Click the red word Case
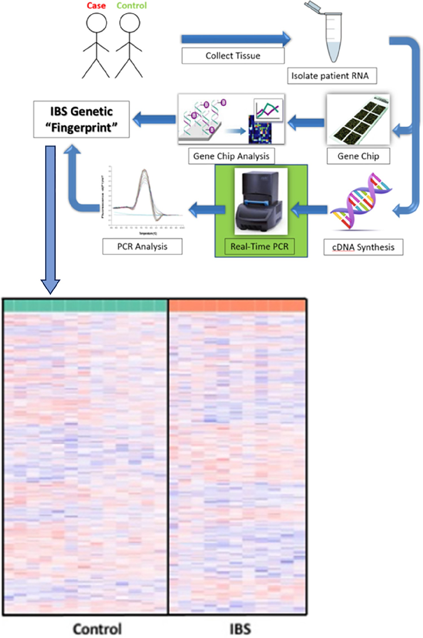point(97,5)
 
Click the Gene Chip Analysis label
point(231,156)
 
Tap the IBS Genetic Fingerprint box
point(80,119)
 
